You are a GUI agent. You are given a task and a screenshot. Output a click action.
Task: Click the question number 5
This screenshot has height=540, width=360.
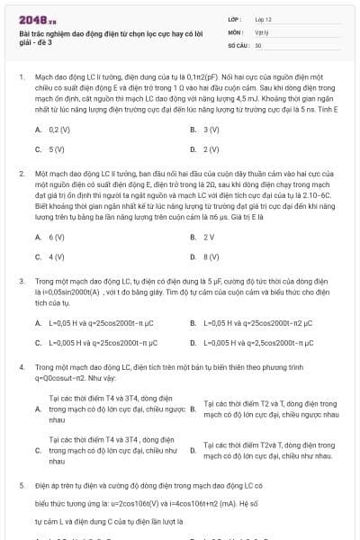(x=21, y=484)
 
